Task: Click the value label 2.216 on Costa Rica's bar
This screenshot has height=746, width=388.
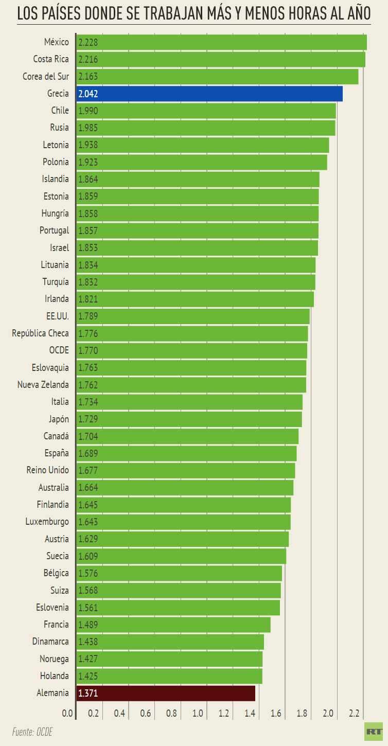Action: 88,60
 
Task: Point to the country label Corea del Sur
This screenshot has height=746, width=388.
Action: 46,76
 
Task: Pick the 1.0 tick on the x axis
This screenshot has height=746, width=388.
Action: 198,714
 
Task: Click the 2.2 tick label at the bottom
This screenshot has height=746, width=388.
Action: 354,714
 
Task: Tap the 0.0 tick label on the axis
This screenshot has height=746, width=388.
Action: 67,714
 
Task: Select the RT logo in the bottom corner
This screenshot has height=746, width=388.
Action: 374,731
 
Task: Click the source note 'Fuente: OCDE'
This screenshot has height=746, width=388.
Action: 32,732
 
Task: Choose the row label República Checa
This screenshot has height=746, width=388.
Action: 40,333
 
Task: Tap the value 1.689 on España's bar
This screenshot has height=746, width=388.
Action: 88,453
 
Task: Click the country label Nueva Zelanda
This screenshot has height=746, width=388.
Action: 43,385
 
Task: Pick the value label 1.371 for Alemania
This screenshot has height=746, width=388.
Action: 88,694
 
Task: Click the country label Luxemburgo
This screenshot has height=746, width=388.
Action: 47,522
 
